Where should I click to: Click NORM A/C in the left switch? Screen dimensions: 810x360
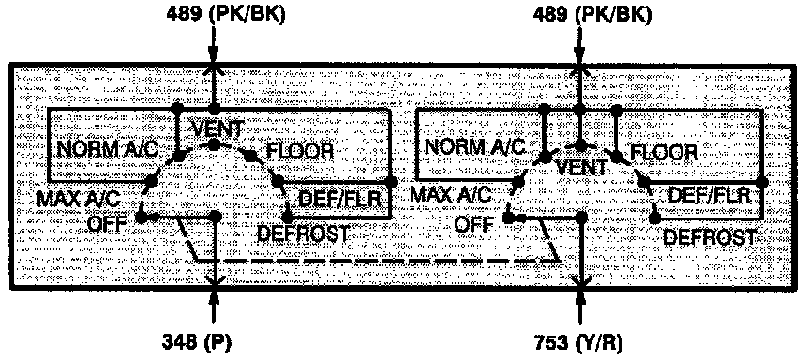(105, 150)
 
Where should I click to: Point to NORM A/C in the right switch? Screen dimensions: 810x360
(473, 146)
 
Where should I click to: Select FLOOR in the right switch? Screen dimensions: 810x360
(664, 152)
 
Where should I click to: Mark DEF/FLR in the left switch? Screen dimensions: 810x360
(339, 198)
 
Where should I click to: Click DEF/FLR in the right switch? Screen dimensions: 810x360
(709, 196)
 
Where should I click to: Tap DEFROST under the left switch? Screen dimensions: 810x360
(302, 232)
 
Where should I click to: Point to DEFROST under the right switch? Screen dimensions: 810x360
(708, 237)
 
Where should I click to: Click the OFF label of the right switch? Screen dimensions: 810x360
(475, 226)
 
